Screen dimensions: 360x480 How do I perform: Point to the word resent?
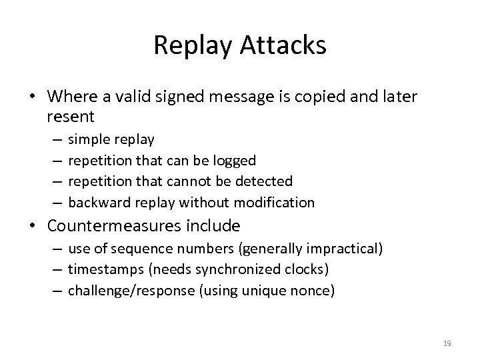[x=71, y=117]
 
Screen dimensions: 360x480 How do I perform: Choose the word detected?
[x=267, y=181]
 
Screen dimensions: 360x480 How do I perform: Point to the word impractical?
[x=341, y=249]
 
